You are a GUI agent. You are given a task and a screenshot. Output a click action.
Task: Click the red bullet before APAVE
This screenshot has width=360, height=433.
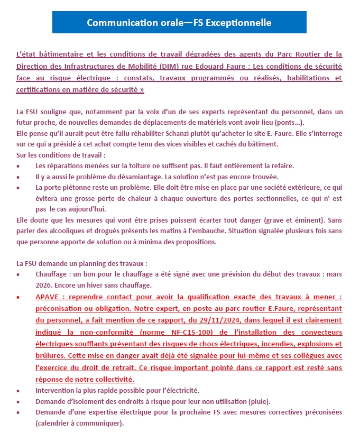point(19,298)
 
